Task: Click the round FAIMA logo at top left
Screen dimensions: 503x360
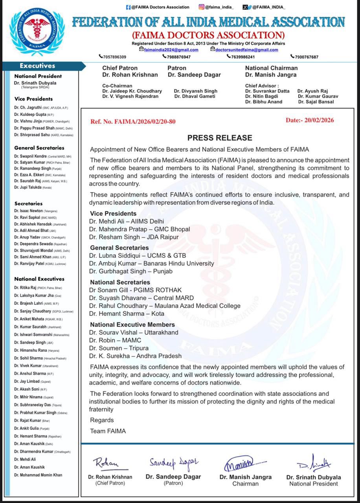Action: pos(37,33)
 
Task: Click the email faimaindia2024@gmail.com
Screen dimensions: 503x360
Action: pos(171,50)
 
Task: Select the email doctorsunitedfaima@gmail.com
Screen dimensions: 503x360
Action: pos(246,50)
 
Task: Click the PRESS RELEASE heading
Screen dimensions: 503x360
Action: pos(220,138)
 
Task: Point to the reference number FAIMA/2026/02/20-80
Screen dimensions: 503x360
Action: pos(133,121)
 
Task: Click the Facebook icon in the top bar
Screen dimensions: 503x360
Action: pos(128,7)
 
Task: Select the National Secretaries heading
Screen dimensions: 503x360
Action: pos(120,282)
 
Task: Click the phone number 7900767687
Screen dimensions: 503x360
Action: pos(306,57)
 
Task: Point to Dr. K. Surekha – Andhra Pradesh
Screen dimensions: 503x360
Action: pos(135,356)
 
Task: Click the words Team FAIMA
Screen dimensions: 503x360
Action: pos(108,431)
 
